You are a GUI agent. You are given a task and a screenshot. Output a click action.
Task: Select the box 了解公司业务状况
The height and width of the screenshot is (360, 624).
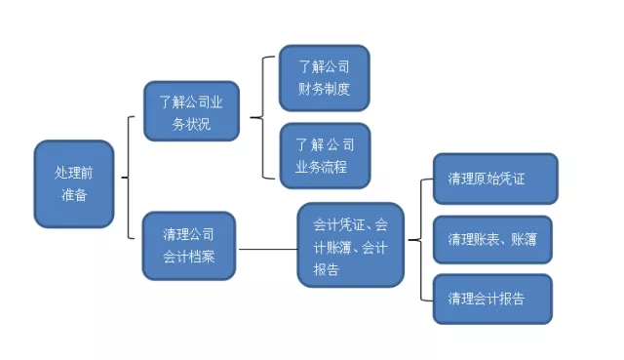click(x=190, y=111)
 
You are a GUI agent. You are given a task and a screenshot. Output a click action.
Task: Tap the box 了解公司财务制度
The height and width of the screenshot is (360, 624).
click(x=324, y=78)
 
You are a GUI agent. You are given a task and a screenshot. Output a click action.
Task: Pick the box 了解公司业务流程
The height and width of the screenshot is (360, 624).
click(x=324, y=155)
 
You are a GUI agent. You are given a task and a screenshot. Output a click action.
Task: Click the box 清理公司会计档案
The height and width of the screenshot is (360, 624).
click(x=189, y=247)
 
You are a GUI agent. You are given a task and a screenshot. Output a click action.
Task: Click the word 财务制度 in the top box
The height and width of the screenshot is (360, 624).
click(x=324, y=88)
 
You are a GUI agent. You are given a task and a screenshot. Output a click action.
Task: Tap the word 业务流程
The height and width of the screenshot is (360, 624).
click(x=324, y=165)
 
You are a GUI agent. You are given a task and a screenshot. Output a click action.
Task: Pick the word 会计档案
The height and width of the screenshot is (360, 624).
click(x=189, y=258)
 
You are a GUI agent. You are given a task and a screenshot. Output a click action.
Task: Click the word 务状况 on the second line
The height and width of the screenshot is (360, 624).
click(x=190, y=125)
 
